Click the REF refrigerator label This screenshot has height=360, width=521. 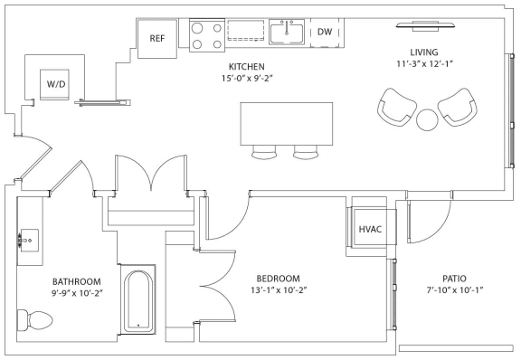[x=156, y=38]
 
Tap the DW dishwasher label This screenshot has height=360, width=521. [x=325, y=32]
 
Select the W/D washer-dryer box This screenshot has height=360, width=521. [x=54, y=84]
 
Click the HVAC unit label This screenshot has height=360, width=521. [x=370, y=229]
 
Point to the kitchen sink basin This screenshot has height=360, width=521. [x=287, y=32]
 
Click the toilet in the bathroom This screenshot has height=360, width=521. [x=35, y=320]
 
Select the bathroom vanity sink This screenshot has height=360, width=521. [x=29, y=241]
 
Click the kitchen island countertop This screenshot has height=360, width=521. [x=287, y=124]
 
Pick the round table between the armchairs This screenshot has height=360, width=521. [x=427, y=119]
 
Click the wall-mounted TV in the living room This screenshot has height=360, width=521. [x=426, y=26]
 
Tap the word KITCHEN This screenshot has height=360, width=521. [x=247, y=67]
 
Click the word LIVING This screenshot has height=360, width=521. [x=424, y=52]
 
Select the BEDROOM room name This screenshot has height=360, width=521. [x=278, y=279]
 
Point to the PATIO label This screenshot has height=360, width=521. [x=454, y=279]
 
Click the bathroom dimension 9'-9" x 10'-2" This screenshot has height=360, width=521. [x=76, y=294]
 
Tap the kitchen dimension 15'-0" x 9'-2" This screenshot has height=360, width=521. [x=247, y=79]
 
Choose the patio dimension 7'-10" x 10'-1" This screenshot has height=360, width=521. [x=454, y=289]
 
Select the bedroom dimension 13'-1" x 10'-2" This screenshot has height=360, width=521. [x=279, y=290]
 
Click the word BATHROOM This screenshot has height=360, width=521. [x=76, y=282]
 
